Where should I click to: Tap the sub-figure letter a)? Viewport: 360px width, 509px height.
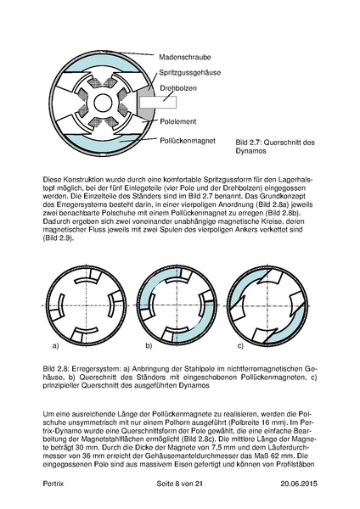coord(55,347)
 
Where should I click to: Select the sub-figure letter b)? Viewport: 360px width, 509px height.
coord(149,347)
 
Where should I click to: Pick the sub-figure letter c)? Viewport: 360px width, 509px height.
coord(240,347)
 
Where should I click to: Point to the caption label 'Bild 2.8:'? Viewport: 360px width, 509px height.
coord(56,371)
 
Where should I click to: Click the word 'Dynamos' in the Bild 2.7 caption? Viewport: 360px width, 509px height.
coord(254,152)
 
